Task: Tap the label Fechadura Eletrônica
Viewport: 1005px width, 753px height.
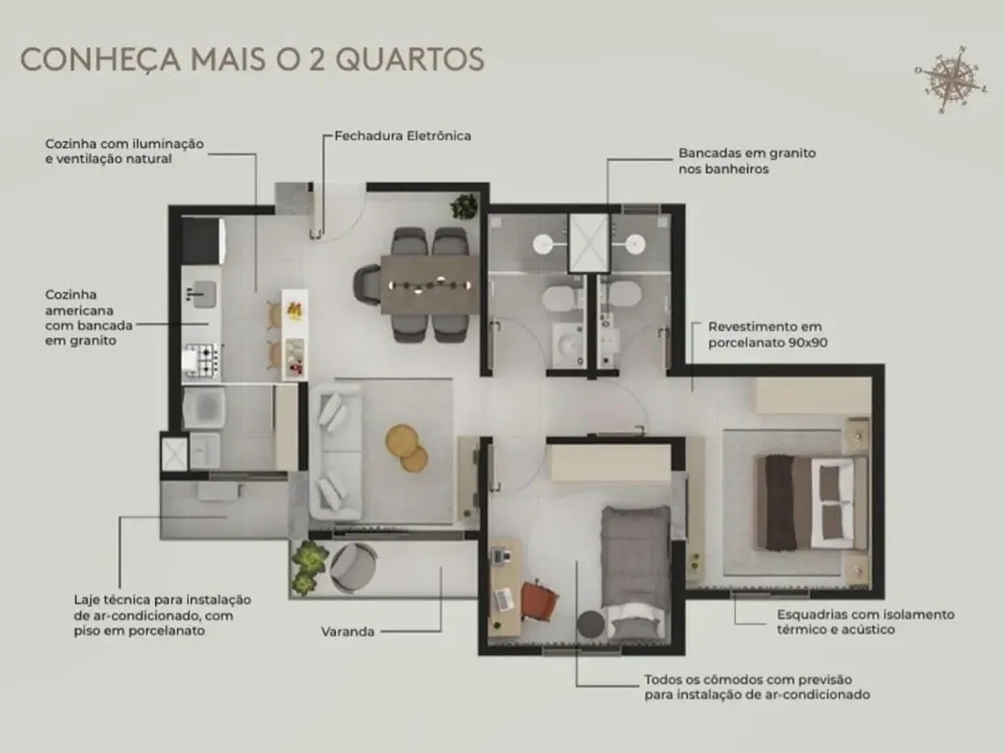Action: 403,136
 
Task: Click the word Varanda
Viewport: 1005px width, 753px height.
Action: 347,632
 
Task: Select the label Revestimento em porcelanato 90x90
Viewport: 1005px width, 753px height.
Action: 767,334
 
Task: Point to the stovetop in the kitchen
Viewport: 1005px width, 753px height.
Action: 201,360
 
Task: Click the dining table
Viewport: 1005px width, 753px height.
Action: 429,285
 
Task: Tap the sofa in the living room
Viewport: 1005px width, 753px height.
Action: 335,451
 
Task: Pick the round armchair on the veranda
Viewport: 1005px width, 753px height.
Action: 353,566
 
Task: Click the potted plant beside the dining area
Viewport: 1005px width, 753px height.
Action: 464,206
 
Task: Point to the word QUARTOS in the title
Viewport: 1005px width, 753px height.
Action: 409,59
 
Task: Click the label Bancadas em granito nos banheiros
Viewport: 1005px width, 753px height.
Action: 747,161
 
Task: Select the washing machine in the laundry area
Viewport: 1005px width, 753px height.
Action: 204,408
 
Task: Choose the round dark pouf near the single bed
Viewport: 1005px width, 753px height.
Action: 590,624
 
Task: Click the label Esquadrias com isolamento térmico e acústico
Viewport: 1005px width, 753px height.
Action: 866,621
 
